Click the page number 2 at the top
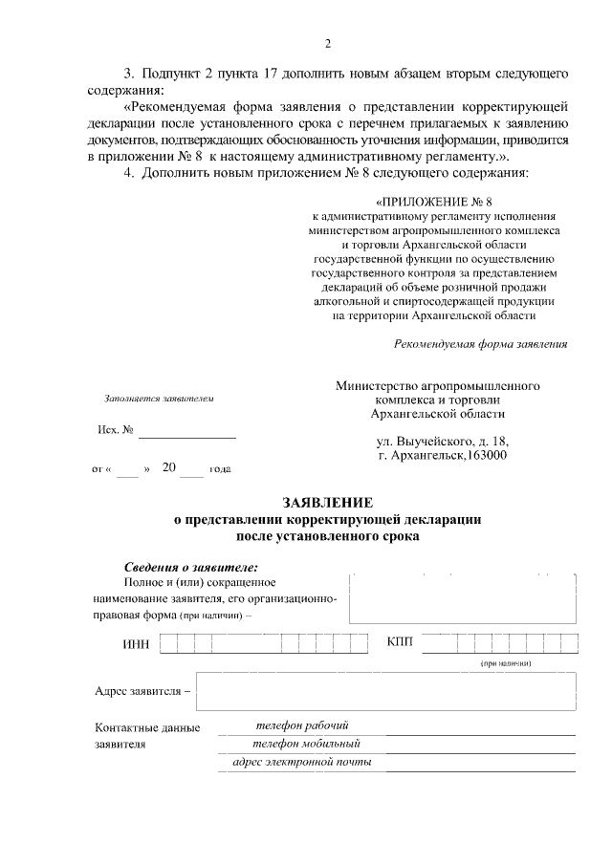click(328, 43)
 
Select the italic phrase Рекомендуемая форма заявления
click(481, 344)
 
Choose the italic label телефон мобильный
click(305, 744)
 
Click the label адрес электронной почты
click(302, 762)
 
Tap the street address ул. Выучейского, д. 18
click(443, 441)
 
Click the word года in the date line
click(219, 470)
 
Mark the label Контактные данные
click(147, 728)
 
